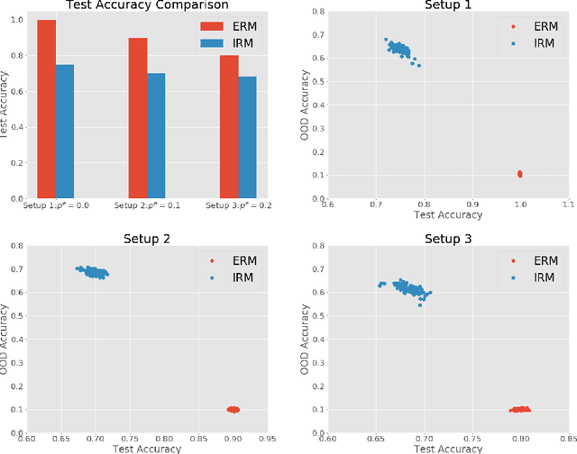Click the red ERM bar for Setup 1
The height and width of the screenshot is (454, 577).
point(46,108)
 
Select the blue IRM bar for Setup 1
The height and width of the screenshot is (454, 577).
point(65,131)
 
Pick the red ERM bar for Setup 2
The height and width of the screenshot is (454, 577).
point(137,117)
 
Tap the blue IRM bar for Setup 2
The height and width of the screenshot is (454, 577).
point(156,135)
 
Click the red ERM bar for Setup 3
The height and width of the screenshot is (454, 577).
point(228,126)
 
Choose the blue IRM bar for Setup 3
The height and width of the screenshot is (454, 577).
point(247,137)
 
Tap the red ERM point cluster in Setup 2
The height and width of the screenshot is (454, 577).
point(233,409)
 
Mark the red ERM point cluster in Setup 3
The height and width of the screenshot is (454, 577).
point(519,409)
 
